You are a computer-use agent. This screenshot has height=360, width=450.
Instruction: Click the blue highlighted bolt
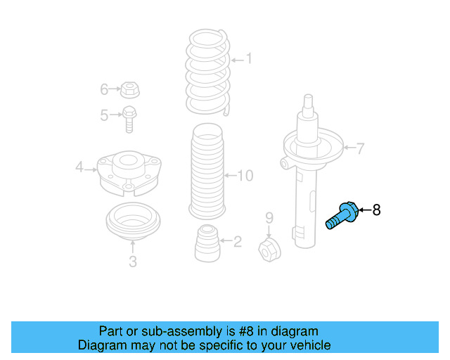click(342, 214)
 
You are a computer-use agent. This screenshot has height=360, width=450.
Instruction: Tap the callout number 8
click(376, 210)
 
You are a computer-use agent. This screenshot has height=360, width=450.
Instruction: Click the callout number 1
click(247, 60)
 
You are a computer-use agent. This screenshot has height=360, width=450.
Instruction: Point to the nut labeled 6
click(129, 90)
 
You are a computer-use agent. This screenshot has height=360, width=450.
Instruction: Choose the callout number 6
click(104, 89)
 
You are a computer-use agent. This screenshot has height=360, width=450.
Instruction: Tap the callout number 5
click(104, 115)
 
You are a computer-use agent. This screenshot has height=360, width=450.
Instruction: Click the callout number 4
click(79, 167)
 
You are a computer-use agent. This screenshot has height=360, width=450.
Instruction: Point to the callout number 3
click(132, 262)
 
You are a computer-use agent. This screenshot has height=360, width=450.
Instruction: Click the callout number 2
click(237, 242)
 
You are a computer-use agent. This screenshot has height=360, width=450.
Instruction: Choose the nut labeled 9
click(269, 248)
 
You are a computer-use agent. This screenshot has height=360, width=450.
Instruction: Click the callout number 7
click(360, 148)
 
